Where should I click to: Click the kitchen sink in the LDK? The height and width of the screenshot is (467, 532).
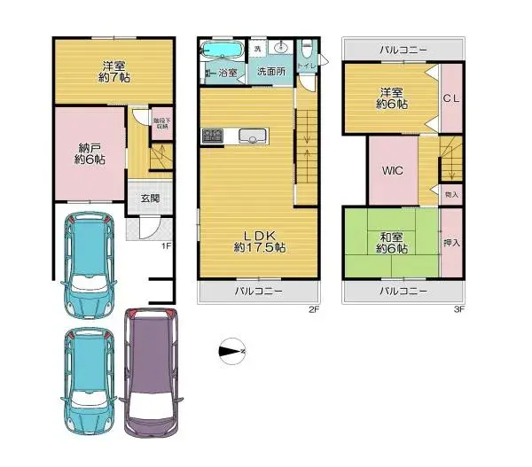[251, 136]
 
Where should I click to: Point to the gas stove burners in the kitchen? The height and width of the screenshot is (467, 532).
[213, 136]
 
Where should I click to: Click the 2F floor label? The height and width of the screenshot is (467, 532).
[312, 310]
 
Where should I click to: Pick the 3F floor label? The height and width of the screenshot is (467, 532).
[458, 310]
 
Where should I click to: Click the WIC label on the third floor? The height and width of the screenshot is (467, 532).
[394, 171]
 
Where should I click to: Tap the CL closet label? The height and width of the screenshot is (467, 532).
[451, 99]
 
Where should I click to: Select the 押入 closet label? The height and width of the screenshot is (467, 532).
[450, 241]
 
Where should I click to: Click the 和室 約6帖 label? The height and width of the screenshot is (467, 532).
[391, 242]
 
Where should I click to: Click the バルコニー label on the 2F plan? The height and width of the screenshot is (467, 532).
[258, 291]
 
